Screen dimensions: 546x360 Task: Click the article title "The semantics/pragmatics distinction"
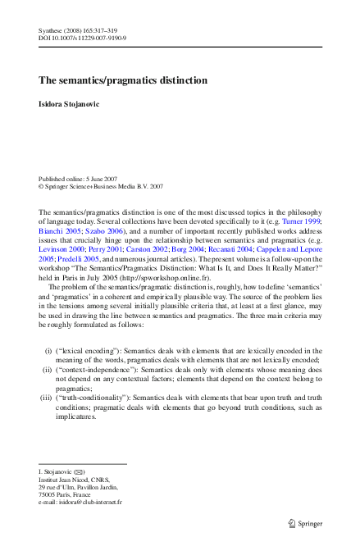123,80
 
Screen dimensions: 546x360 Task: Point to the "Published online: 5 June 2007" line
76,179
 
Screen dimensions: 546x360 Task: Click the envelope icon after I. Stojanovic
80,472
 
